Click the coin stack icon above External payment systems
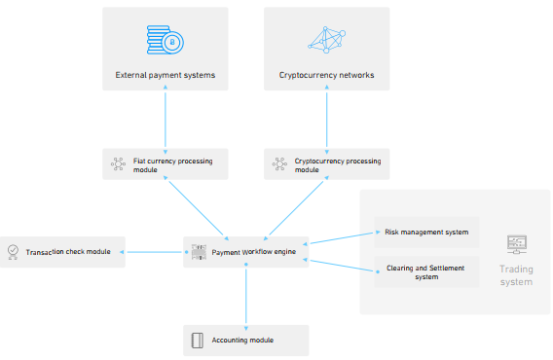[166, 40]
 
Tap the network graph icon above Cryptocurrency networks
[326, 40]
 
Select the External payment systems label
[166, 75]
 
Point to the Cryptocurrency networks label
[326, 75]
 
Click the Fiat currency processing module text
[173, 165]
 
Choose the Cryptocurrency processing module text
[338, 165]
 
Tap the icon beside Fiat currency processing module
[118, 164]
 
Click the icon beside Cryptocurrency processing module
[279, 164]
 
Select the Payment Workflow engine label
[253, 252]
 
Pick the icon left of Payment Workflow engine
[199, 252]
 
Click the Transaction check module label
[68, 252]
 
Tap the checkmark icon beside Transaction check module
[13, 252]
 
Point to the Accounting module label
[242, 340]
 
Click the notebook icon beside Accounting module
[197, 341]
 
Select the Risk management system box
[426, 232]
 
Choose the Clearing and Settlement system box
[426, 271]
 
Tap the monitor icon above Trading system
[517, 244]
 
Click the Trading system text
[516, 275]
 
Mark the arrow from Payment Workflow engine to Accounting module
[245, 297]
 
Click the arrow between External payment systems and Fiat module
[166, 119]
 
